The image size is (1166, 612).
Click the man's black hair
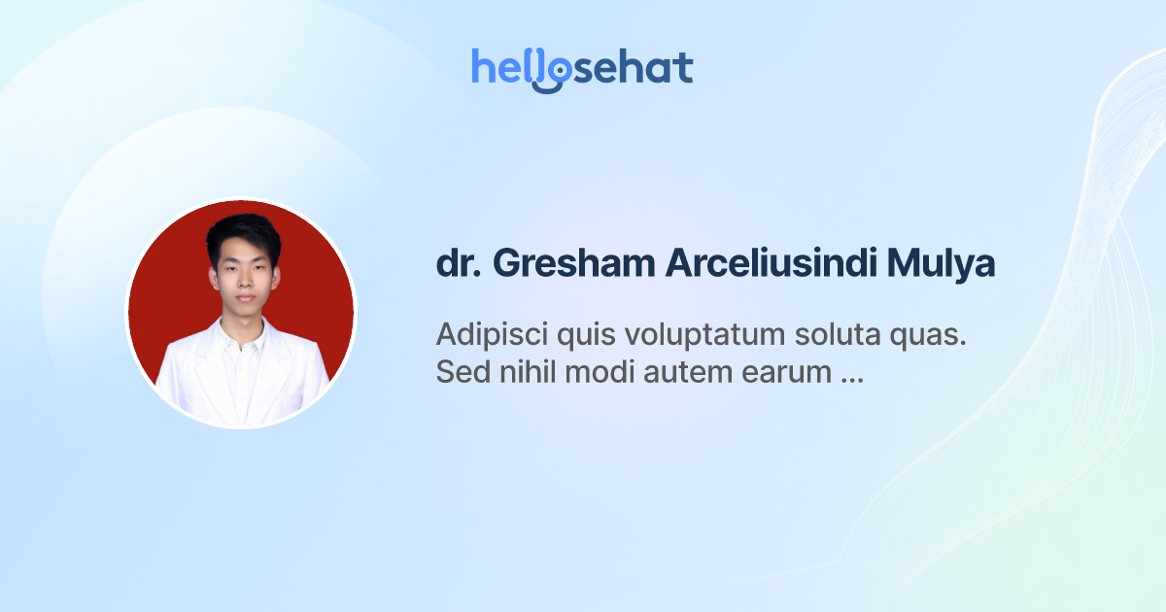click(x=243, y=232)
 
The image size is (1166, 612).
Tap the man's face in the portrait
click(x=243, y=277)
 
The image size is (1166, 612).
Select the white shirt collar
click(x=243, y=335)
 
